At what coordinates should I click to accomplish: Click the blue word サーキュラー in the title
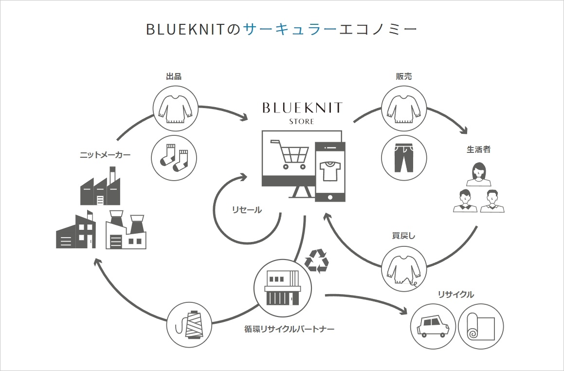point(290,29)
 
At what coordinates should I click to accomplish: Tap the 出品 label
point(174,76)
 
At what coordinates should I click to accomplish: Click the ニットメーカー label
point(106,155)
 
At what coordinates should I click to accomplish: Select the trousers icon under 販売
point(404,157)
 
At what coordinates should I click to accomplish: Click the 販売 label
point(404,76)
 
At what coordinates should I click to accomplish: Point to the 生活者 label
point(478,149)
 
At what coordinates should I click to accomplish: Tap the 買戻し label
point(403,236)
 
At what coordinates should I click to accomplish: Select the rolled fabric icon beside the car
point(481,326)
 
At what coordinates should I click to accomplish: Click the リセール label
point(247,210)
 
